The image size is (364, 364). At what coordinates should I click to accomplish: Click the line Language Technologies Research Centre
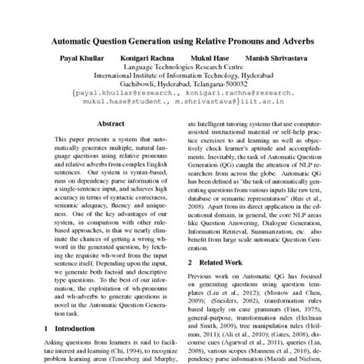[x=182, y=68]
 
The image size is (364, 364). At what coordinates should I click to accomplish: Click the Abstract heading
[x=108, y=123]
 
